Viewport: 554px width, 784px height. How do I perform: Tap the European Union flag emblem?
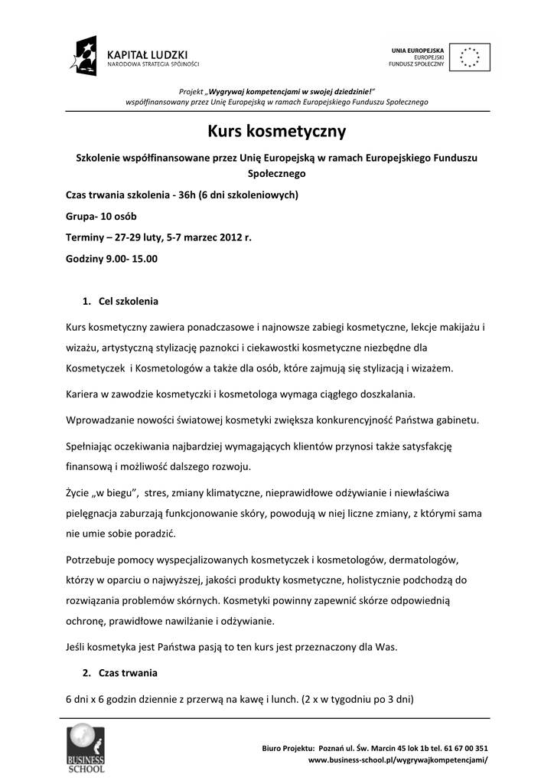click(469, 56)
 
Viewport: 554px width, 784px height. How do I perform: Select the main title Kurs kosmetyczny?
click(277, 132)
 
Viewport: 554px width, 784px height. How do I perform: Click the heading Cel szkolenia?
click(128, 301)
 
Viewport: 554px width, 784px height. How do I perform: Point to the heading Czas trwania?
click(128, 674)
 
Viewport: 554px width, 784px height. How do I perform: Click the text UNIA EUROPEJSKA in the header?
click(418, 50)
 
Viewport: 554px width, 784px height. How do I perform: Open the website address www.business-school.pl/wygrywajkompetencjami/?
click(398, 760)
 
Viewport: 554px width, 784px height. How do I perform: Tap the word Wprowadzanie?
click(103, 421)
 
